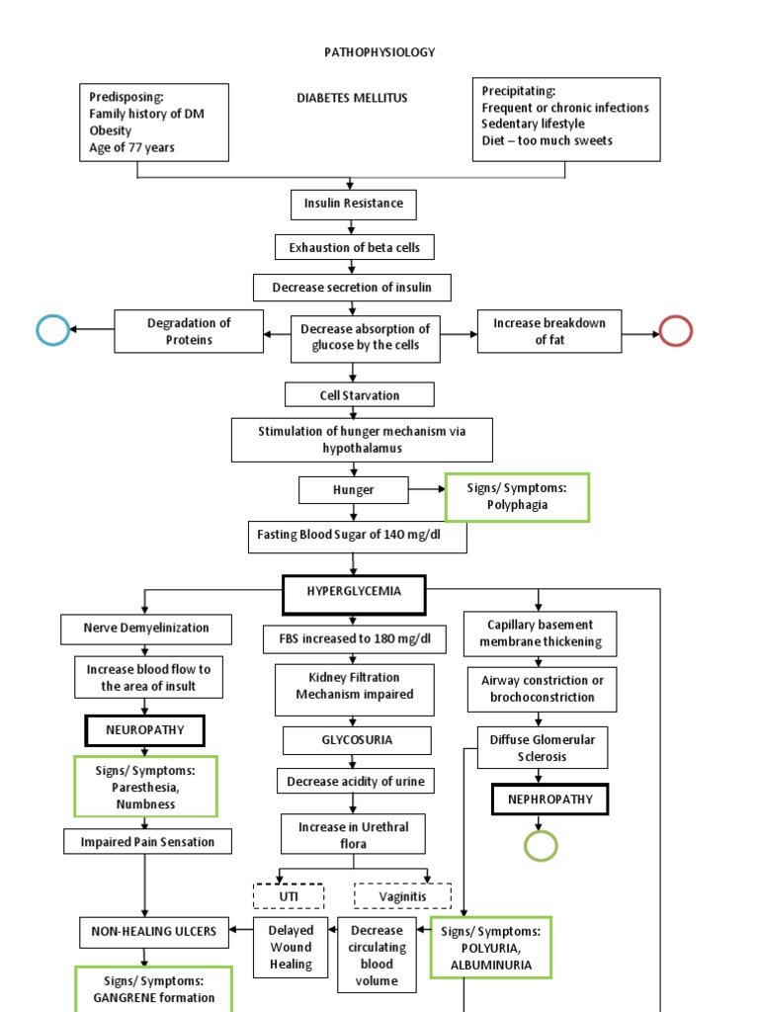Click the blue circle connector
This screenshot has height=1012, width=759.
tap(52, 330)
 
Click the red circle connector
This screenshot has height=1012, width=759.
tap(676, 330)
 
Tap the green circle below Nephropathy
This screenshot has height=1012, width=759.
tap(541, 846)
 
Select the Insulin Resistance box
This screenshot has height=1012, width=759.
tap(353, 204)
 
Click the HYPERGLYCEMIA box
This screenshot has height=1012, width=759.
tap(355, 594)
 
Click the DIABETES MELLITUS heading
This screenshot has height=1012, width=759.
tap(352, 98)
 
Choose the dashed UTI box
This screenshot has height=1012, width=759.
tap(289, 896)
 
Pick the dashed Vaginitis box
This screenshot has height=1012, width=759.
tap(402, 896)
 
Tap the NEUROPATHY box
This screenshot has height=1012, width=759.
tap(145, 731)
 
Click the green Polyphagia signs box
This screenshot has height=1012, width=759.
tap(517, 496)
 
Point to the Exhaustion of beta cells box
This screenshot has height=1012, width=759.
tap(354, 246)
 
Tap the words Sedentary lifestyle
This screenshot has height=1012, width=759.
tap(534, 124)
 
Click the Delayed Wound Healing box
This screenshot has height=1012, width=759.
tap(291, 947)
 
